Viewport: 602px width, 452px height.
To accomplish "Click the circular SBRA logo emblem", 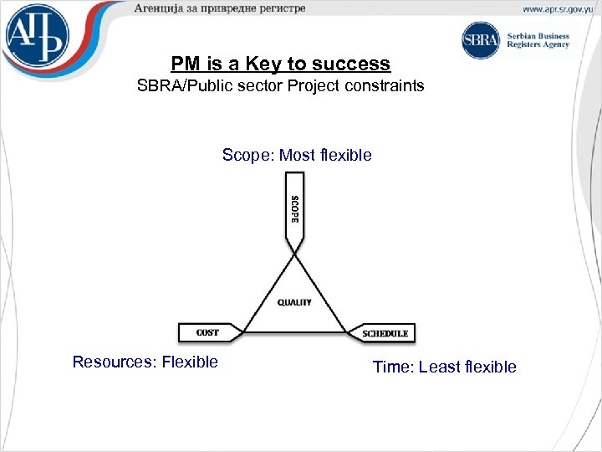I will tap(481, 40).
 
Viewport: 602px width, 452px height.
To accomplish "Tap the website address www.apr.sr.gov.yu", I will tap(559, 9).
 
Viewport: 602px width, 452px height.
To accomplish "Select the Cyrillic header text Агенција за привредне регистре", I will tap(219, 8).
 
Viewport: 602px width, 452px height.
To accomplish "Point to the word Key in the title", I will tap(263, 64).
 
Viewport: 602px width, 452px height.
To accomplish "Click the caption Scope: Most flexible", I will tap(297, 155).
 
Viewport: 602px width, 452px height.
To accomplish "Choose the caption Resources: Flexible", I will tap(145, 362).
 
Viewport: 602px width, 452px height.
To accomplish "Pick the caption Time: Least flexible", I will tap(444, 367).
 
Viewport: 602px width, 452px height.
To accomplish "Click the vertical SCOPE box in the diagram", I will tap(294, 209).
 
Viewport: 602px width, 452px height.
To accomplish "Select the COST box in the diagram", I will tap(208, 332).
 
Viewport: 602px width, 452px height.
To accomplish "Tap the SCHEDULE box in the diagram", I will tap(385, 333).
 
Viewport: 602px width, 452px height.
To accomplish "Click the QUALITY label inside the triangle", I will tap(294, 302).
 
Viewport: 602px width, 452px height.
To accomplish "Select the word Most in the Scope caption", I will tap(297, 155).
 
